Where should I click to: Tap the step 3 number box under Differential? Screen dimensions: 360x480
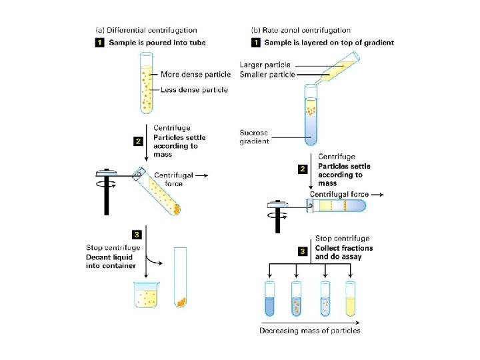coord(137,234)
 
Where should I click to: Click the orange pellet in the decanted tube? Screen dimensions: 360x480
coord(181,301)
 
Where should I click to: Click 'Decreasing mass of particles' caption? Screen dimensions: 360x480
coord(309,331)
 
